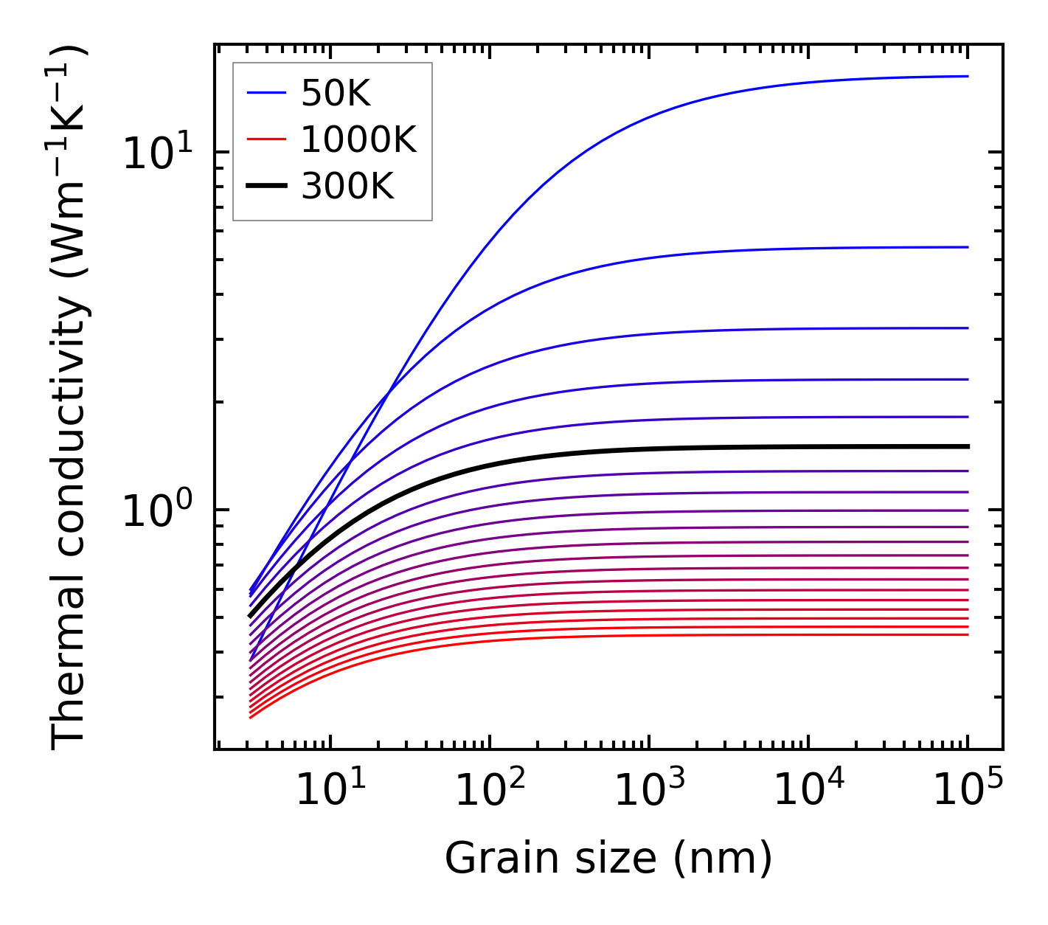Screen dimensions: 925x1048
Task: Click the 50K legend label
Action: (x=336, y=93)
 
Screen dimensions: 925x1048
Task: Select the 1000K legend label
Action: (x=358, y=139)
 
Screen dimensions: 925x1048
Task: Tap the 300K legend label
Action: (x=347, y=187)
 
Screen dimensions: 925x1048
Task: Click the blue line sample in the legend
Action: (x=266, y=93)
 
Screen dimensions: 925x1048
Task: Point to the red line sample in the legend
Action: (x=266, y=139)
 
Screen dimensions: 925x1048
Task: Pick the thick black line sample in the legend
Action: (x=266, y=187)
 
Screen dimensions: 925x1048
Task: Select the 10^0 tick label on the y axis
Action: (x=156, y=510)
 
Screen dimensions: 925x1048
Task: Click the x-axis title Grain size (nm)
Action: (x=608, y=859)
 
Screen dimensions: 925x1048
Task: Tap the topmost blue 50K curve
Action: (x=738, y=92)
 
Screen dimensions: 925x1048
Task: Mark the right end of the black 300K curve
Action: (x=966, y=446)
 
